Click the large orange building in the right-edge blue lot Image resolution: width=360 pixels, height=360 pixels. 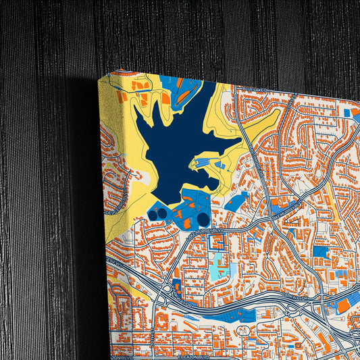(344, 306)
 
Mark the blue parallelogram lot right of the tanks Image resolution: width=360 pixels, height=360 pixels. (236, 201)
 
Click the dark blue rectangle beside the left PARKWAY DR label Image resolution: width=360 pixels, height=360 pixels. (177, 286)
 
